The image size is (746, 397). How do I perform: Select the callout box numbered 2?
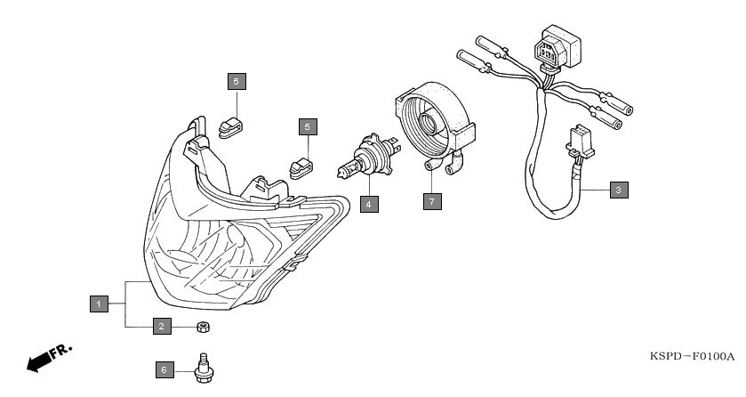point(161,327)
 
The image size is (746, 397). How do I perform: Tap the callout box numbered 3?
point(618,190)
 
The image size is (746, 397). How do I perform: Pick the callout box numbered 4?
point(369,203)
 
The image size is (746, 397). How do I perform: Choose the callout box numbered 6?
point(163,368)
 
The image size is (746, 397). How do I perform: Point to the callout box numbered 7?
point(431,201)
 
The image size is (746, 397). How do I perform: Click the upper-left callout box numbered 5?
point(236,82)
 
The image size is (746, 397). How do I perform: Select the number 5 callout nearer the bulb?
point(307,126)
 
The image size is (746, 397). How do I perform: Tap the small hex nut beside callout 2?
point(202,327)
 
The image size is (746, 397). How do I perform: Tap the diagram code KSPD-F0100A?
point(692,357)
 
